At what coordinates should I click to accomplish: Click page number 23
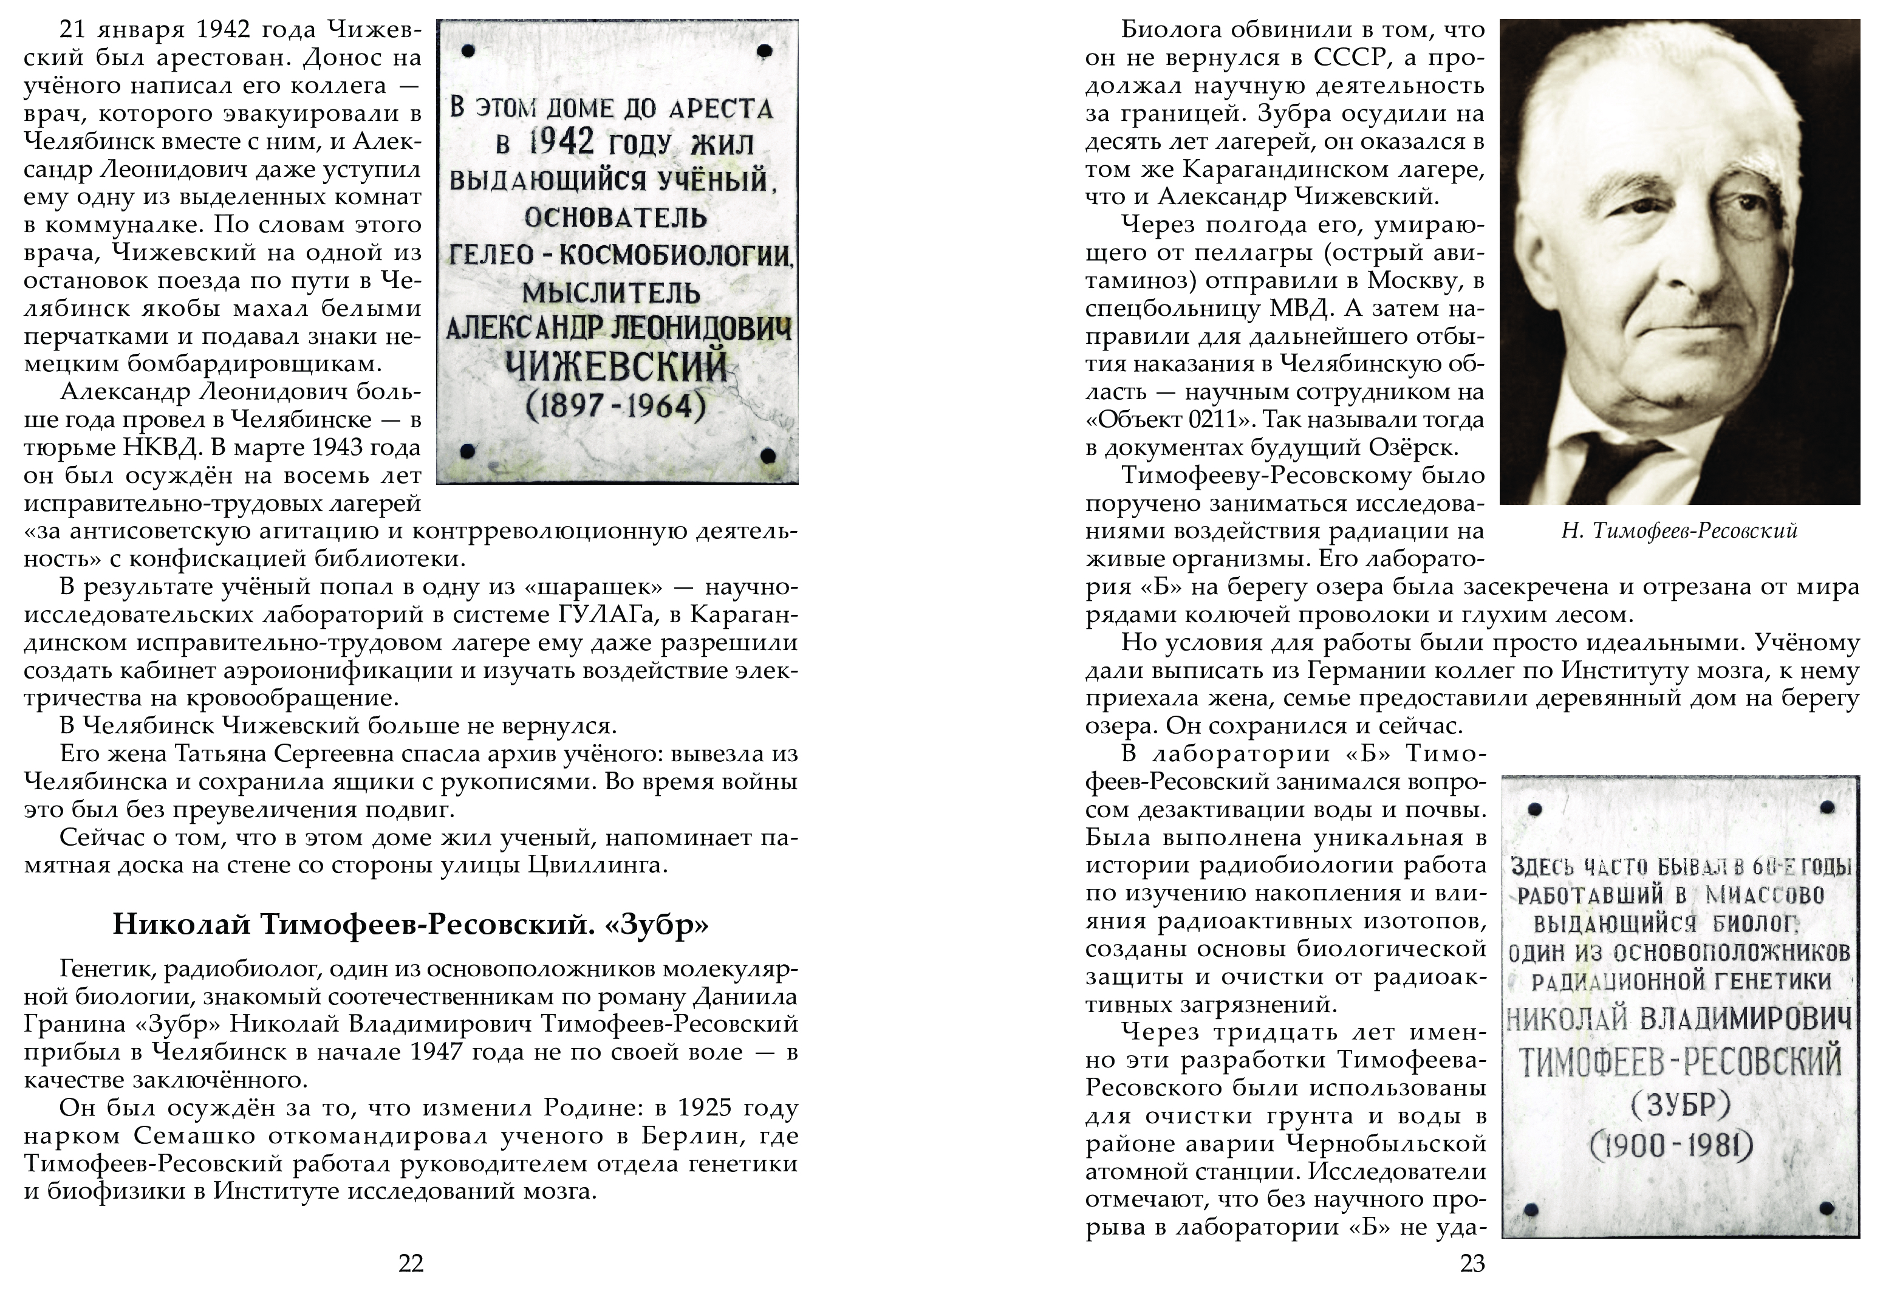(x=1472, y=1264)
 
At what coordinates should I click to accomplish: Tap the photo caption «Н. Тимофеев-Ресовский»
(x=1680, y=532)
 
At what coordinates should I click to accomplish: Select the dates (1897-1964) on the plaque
(x=616, y=405)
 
